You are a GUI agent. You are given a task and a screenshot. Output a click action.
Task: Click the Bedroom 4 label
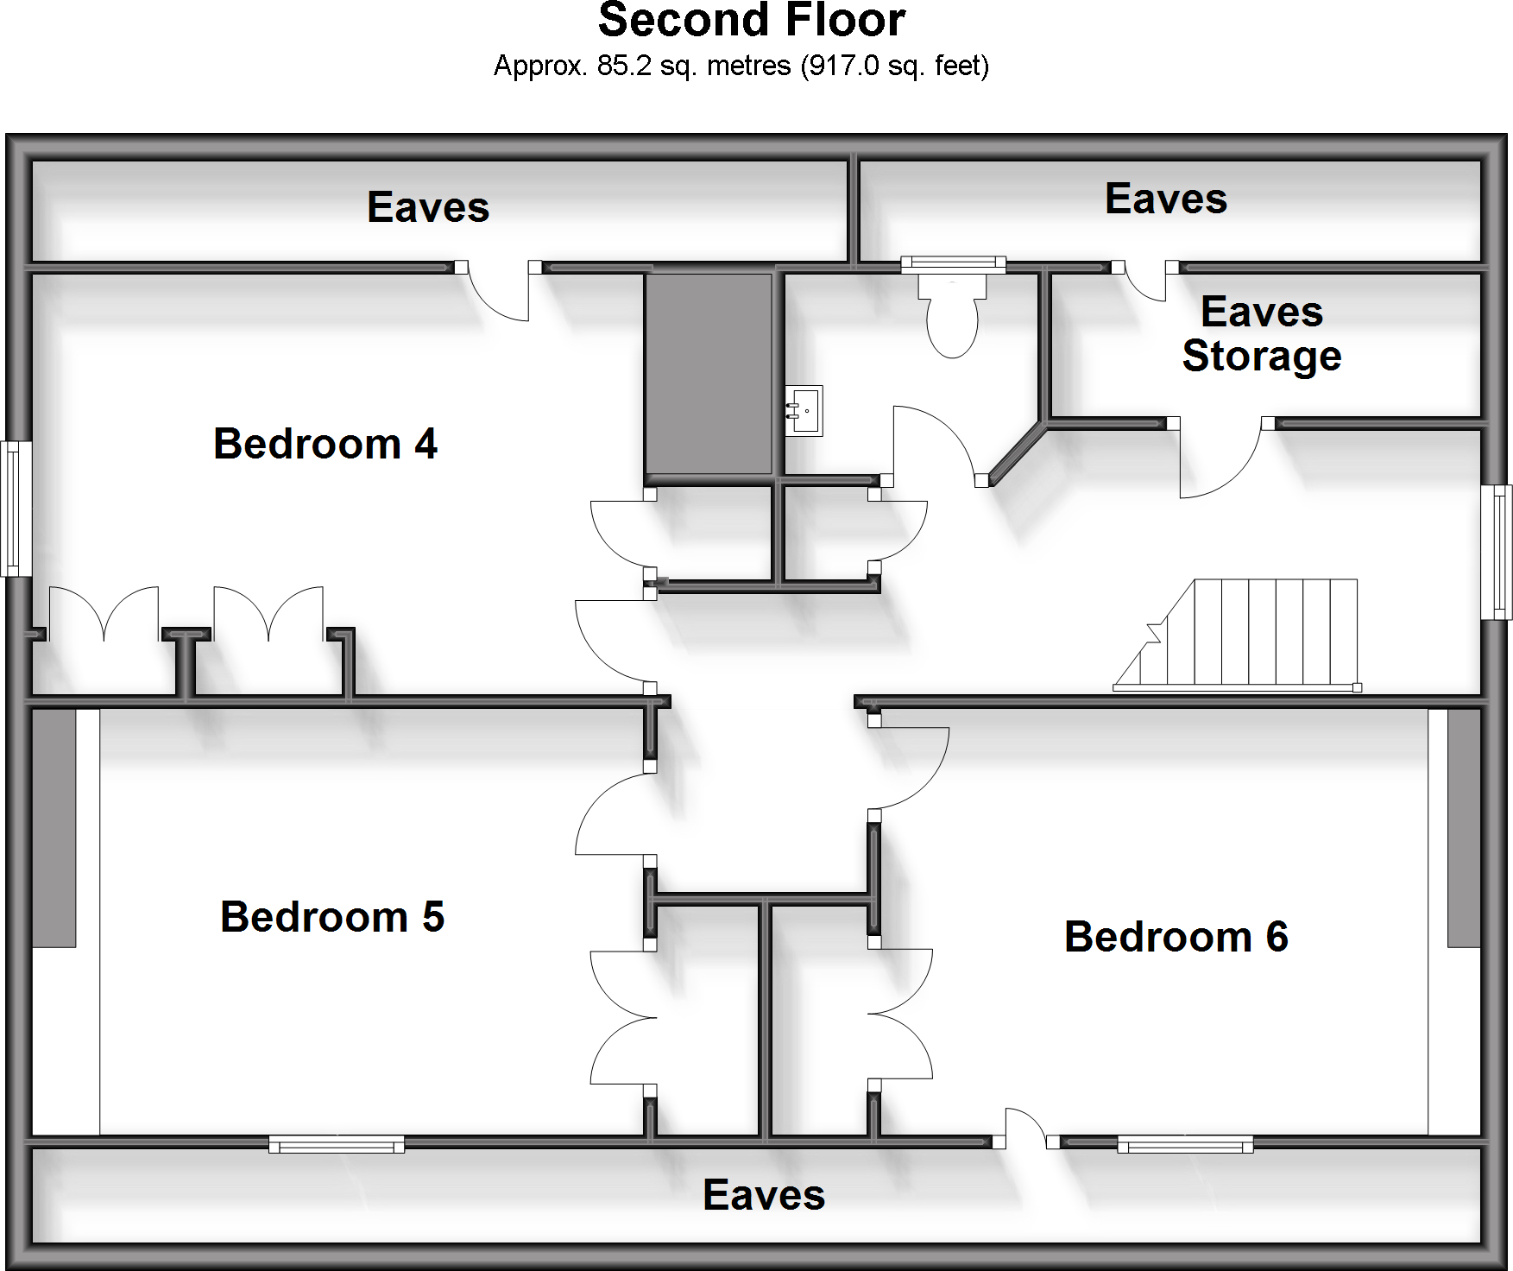(x=325, y=444)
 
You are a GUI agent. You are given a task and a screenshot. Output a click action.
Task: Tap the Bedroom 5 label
(x=331, y=917)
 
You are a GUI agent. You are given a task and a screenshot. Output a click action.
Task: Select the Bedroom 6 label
(x=1176, y=937)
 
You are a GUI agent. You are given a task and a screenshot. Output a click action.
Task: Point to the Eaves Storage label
(x=1261, y=334)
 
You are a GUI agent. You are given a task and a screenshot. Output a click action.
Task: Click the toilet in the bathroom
(x=952, y=317)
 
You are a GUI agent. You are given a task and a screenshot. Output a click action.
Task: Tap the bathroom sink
(x=804, y=410)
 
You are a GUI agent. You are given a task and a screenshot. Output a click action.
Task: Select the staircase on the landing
(x=1243, y=635)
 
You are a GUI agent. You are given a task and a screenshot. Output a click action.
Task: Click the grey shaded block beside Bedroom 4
(x=709, y=374)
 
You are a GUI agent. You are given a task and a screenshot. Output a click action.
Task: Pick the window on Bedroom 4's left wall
(x=15, y=509)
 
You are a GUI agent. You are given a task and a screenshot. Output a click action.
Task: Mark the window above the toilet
(x=953, y=263)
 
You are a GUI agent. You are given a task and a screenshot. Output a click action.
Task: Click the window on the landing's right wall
(x=1497, y=553)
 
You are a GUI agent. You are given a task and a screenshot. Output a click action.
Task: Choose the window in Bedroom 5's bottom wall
(x=337, y=1144)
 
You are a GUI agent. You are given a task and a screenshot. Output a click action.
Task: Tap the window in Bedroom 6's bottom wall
(x=1185, y=1144)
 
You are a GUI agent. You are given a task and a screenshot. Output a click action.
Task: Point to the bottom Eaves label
(x=764, y=1195)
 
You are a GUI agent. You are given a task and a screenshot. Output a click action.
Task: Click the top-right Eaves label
(x=1165, y=199)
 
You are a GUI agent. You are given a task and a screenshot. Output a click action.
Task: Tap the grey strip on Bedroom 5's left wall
(x=54, y=828)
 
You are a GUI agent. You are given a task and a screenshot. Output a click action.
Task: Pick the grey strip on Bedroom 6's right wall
(x=1464, y=828)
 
